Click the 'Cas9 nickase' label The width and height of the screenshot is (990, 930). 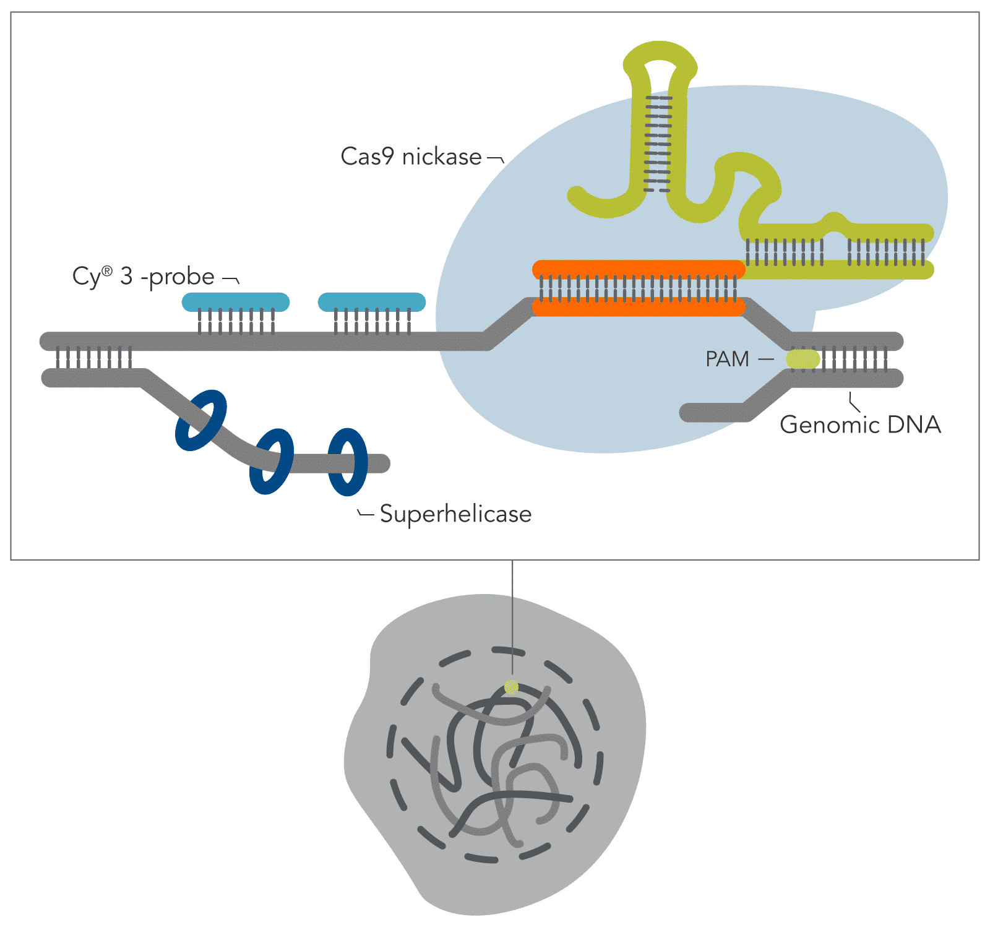(x=411, y=157)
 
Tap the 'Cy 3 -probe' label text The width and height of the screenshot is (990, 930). (x=144, y=277)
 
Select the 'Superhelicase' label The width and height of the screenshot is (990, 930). (x=455, y=514)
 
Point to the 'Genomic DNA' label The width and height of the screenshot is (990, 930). (x=860, y=424)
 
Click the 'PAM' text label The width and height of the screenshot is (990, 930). (x=727, y=359)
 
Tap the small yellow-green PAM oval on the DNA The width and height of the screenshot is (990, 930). (x=803, y=359)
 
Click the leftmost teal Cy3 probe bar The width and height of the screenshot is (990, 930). (x=235, y=302)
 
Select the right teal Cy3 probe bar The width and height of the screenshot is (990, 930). (x=371, y=302)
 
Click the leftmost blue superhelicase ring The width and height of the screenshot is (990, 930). (x=200, y=420)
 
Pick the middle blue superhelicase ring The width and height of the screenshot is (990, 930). (x=272, y=461)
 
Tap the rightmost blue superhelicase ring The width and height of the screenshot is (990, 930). (x=348, y=462)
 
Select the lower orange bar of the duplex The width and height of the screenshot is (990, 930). (x=639, y=308)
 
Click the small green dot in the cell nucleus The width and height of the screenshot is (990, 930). (x=511, y=687)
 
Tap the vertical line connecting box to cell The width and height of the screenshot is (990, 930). (x=512, y=619)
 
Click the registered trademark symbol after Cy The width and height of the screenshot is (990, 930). (x=108, y=271)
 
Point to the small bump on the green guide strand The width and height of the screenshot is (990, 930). (x=835, y=219)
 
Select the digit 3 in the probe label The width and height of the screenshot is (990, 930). (x=127, y=277)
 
